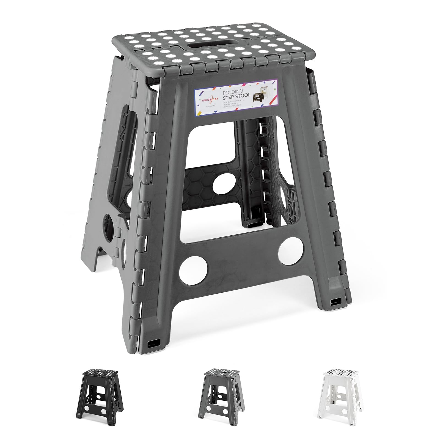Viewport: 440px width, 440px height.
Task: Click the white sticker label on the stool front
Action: tap(236, 98)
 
